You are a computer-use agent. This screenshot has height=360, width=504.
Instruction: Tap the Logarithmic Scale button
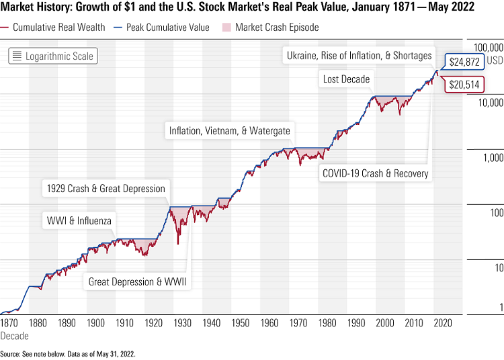click(53, 56)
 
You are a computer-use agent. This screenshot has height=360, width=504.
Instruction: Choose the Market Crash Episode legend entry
click(272, 28)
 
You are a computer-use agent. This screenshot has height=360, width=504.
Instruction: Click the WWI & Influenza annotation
click(79, 220)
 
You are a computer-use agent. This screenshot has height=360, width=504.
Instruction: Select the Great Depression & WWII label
click(139, 281)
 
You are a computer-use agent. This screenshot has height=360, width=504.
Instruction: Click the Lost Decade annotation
click(346, 79)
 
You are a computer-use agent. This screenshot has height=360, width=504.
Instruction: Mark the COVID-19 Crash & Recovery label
click(375, 173)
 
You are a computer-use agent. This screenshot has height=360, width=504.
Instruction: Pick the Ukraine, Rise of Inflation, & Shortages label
click(360, 55)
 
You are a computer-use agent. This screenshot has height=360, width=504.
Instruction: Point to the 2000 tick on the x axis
click(385, 322)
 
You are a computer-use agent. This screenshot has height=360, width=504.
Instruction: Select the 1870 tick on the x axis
click(9, 322)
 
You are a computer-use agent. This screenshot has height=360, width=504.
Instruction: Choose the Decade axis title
click(15, 335)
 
